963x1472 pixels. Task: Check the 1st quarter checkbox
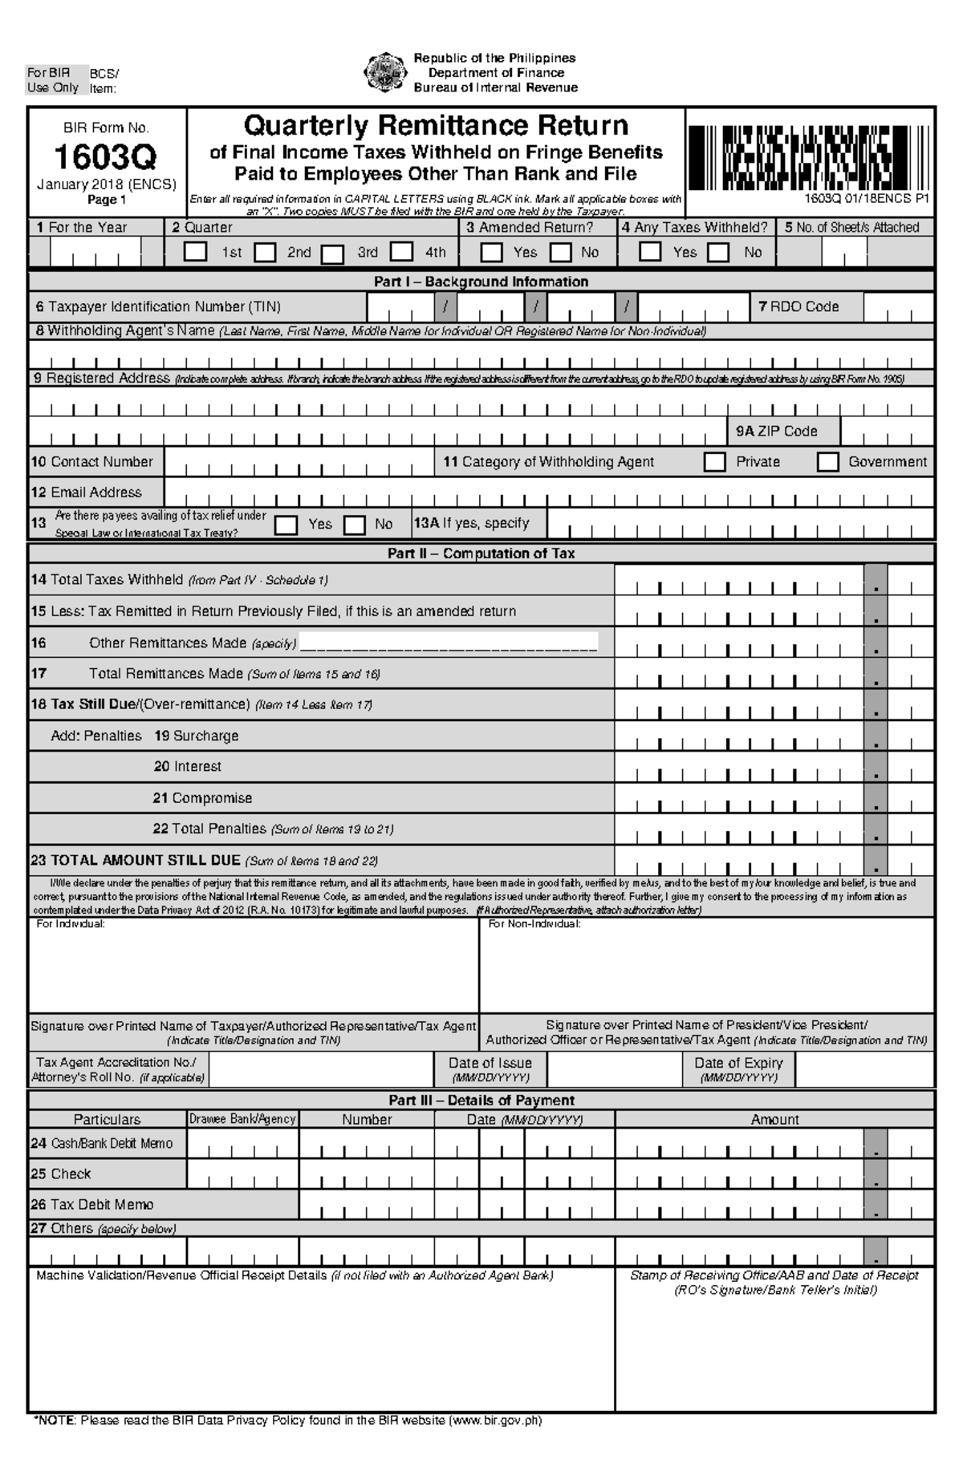pos(195,251)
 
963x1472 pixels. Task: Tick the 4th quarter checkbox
pos(402,252)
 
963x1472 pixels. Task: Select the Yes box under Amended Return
pos(490,252)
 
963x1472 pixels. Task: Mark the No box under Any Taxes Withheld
pos(718,253)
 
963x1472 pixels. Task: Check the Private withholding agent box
pos(713,462)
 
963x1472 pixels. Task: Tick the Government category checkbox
pos(827,462)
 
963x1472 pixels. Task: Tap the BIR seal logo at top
pos(384,72)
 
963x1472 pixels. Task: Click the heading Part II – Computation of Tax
pos(481,554)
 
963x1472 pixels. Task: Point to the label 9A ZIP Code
pos(776,432)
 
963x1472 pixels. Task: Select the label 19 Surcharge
pos(196,736)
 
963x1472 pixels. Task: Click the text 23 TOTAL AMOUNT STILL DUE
pos(136,861)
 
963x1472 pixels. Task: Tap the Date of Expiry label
pos(738,1063)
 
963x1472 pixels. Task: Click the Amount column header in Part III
pos(774,1119)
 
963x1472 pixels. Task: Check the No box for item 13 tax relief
pos(355,525)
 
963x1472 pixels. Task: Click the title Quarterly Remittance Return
pos(436,126)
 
